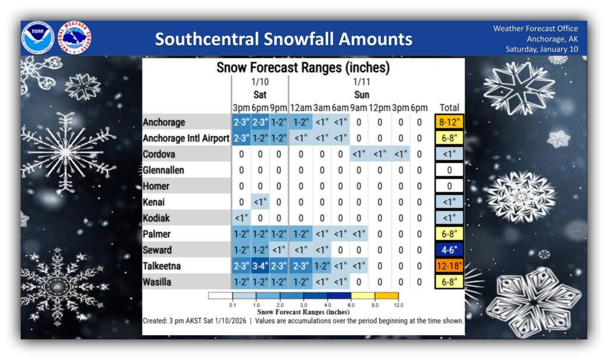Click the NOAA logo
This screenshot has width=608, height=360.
(x=37, y=38)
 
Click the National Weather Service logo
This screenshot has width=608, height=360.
(x=75, y=38)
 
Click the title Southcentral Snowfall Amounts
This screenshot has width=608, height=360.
(x=283, y=39)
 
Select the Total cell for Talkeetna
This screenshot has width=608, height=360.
(x=449, y=266)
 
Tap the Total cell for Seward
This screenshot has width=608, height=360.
(x=449, y=250)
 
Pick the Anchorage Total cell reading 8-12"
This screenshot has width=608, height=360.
(x=449, y=122)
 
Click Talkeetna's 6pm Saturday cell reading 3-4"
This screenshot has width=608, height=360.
(x=260, y=266)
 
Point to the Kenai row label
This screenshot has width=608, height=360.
(x=154, y=202)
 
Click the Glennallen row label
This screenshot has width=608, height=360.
(x=163, y=170)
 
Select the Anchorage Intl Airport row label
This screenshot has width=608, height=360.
(x=186, y=138)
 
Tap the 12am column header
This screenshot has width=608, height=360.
(x=301, y=108)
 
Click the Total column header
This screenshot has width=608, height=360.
(x=449, y=108)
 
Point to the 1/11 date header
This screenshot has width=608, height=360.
(x=362, y=82)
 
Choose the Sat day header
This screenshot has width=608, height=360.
(x=260, y=94)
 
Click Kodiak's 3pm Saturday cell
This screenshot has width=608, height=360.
(x=241, y=219)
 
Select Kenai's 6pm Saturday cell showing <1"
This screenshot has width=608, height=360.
(x=260, y=202)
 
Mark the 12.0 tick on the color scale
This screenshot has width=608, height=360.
(x=398, y=305)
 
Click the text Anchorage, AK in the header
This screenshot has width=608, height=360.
(x=552, y=39)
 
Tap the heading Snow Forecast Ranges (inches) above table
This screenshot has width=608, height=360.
(x=303, y=68)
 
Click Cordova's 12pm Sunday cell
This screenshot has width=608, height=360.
(x=379, y=154)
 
